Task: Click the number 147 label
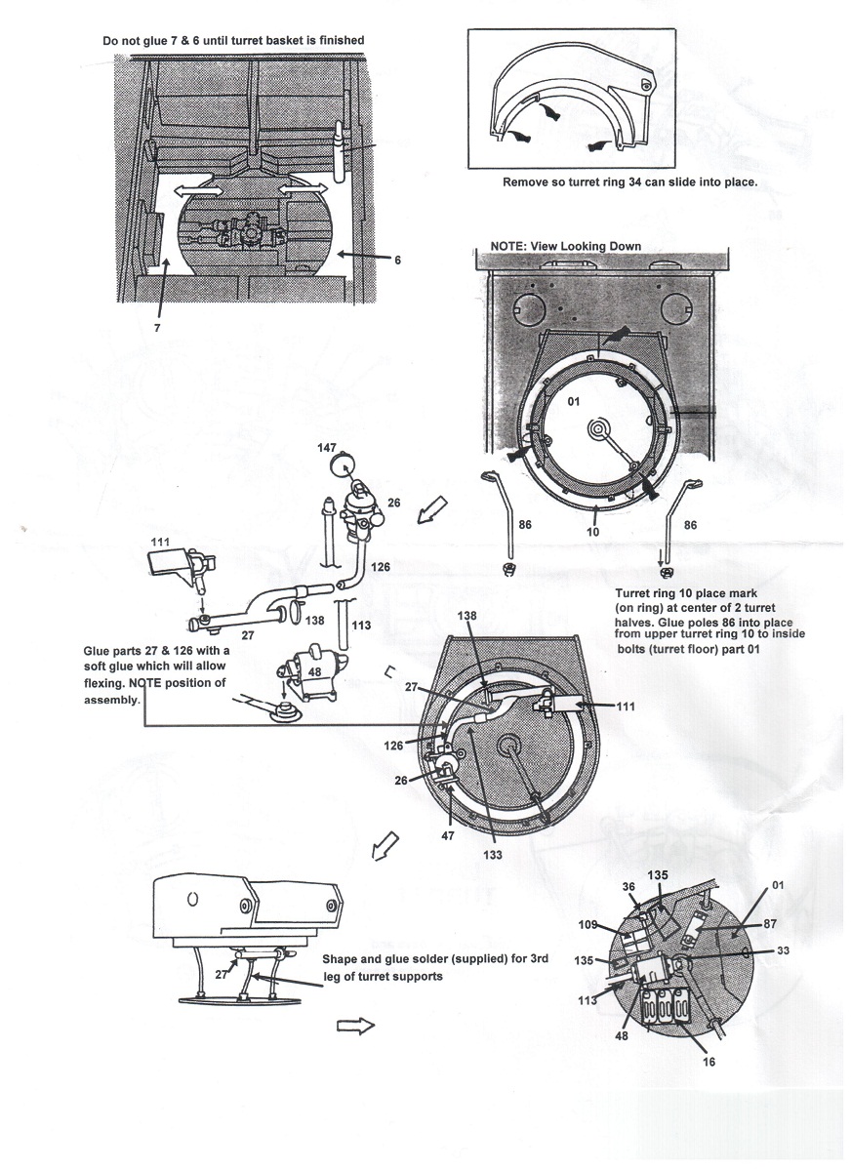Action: (x=328, y=446)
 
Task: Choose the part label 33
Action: (x=783, y=950)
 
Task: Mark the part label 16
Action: (x=709, y=1062)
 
